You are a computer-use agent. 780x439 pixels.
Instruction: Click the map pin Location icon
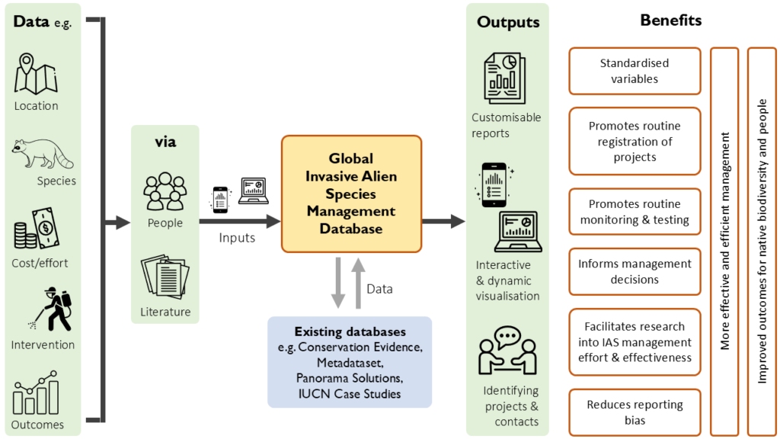click(x=37, y=74)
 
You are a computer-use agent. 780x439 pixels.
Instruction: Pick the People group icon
click(x=165, y=191)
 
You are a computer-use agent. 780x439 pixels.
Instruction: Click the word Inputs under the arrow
click(x=237, y=238)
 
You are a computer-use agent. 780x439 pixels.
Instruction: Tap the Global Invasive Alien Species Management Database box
click(x=351, y=194)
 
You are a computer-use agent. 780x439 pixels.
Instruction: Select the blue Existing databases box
click(x=350, y=362)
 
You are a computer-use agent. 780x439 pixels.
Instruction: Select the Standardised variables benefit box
click(x=635, y=71)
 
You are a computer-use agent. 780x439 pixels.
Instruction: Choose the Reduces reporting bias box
click(x=635, y=412)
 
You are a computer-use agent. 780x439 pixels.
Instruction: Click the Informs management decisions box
click(x=635, y=271)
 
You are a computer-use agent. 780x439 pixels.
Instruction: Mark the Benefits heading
click(x=670, y=21)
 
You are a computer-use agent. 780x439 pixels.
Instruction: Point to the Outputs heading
click(x=508, y=22)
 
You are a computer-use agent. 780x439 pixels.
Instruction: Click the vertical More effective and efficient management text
click(x=724, y=241)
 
